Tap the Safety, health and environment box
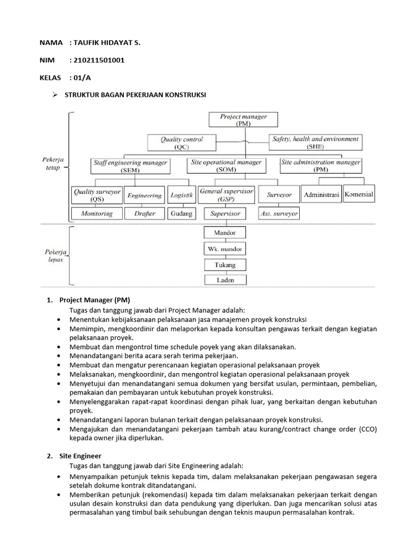315,143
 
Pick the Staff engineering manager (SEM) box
130,166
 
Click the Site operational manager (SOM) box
227,166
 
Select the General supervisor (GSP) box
226,194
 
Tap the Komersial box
359,194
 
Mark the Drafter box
144,213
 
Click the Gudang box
181,213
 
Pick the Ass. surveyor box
279,213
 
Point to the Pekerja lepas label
53,256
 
